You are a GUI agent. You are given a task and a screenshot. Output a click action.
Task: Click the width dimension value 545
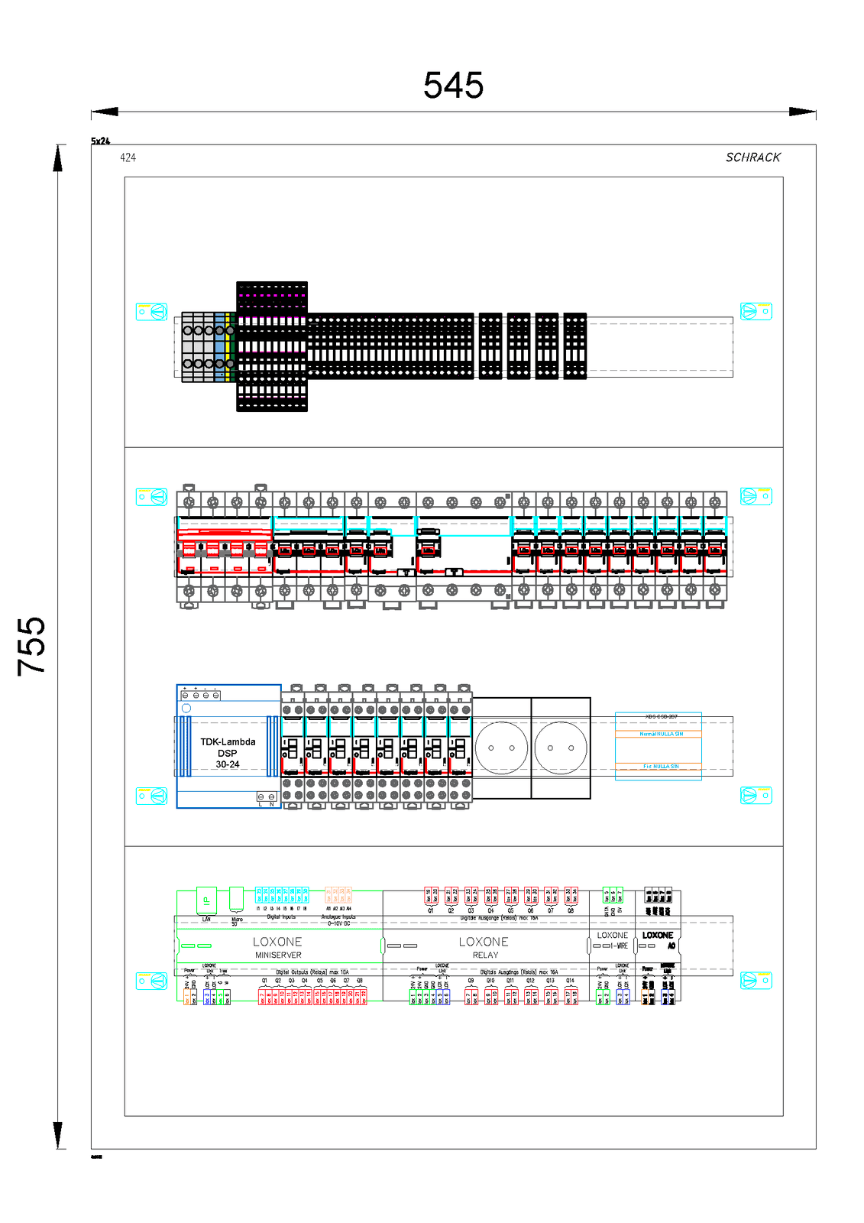point(453,85)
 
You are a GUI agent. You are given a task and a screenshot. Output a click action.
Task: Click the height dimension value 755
point(32,646)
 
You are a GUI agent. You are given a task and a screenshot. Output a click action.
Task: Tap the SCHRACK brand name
point(752,157)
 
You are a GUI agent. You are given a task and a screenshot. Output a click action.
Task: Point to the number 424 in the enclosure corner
point(128,157)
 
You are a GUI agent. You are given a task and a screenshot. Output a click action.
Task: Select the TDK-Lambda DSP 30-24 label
point(228,753)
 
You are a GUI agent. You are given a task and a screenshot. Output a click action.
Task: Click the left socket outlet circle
point(501,748)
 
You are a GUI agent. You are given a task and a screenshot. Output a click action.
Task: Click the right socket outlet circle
point(561,748)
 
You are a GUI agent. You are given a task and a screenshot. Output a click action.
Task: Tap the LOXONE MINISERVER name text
point(277,947)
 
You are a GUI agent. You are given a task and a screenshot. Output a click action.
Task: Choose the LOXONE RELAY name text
point(484,947)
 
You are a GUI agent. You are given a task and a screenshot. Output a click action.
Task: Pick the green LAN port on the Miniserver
point(206,900)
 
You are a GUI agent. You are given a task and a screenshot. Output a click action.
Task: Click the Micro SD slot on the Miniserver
point(236,899)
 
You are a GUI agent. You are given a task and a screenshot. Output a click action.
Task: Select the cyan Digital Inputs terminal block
point(282,895)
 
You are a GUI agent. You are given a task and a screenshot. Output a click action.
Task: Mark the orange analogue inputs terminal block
point(338,895)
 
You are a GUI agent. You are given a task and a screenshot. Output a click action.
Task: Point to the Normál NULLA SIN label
point(661,734)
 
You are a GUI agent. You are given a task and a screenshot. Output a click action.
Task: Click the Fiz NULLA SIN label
point(661,766)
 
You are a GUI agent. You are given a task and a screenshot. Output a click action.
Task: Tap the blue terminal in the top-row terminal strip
point(220,345)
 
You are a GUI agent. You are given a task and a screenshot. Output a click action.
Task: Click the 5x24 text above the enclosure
point(100,141)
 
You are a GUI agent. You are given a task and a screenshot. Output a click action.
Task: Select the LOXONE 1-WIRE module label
point(613,939)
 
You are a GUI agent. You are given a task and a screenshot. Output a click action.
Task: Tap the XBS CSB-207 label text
point(661,717)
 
